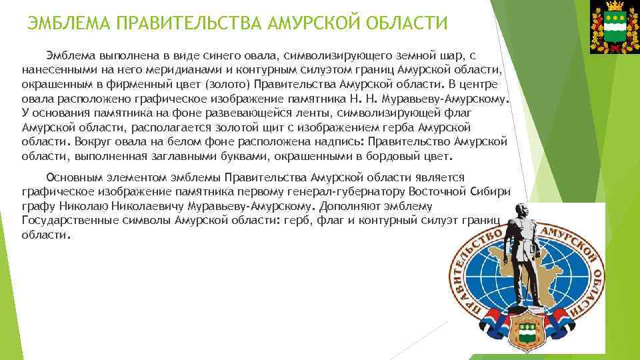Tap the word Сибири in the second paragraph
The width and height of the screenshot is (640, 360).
[491, 191]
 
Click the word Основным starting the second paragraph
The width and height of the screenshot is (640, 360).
[74, 177]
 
